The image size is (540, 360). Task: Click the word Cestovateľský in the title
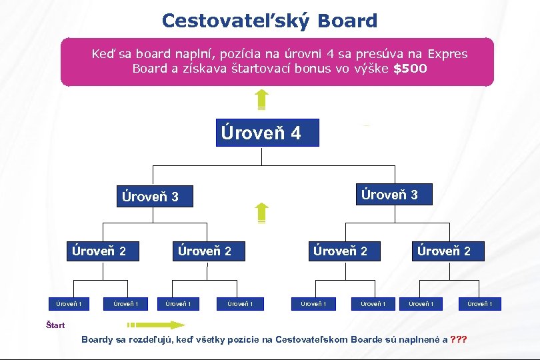tap(236, 21)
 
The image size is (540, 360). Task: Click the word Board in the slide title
tap(347, 21)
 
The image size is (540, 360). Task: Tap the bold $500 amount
tap(410, 69)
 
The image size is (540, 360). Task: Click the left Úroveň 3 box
tap(155, 197)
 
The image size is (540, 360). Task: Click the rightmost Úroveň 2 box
tap(443, 251)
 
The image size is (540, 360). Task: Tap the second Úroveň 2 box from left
tap(205, 251)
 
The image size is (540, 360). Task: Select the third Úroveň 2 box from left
tap(341, 251)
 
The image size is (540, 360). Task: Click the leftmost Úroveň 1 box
tap(69, 304)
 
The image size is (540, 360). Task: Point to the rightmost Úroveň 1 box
tap(480, 304)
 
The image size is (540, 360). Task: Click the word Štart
tap(55, 325)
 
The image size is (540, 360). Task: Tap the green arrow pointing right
tap(157, 325)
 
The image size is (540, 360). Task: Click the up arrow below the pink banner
tap(262, 99)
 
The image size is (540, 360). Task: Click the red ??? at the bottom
tap(459, 339)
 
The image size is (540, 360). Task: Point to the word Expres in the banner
tap(448, 54)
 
